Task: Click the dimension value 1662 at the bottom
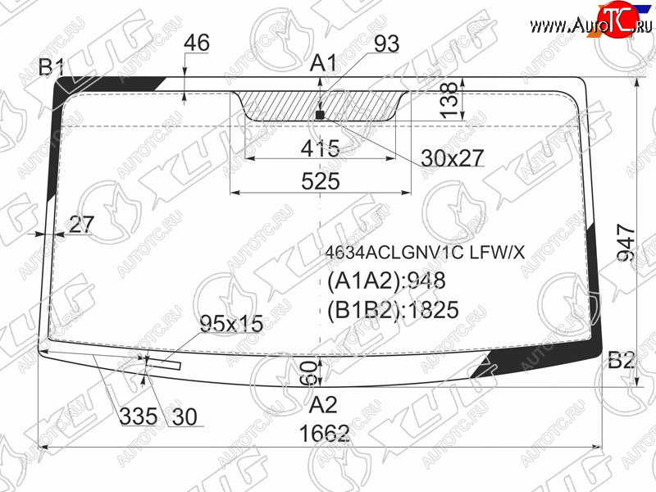[x=324, y=433]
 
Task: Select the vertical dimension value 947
[x=626, y=244]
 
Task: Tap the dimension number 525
[x=321, y=181]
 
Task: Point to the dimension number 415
[x=321, y=148]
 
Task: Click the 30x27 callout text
[x=453, y=158]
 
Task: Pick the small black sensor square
[x=320, y=115]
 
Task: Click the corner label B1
[x=52, y=67]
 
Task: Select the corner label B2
[x=622, y=360]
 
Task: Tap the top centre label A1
[x=323, y=64]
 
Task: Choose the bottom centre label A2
[x=323, y=404]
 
